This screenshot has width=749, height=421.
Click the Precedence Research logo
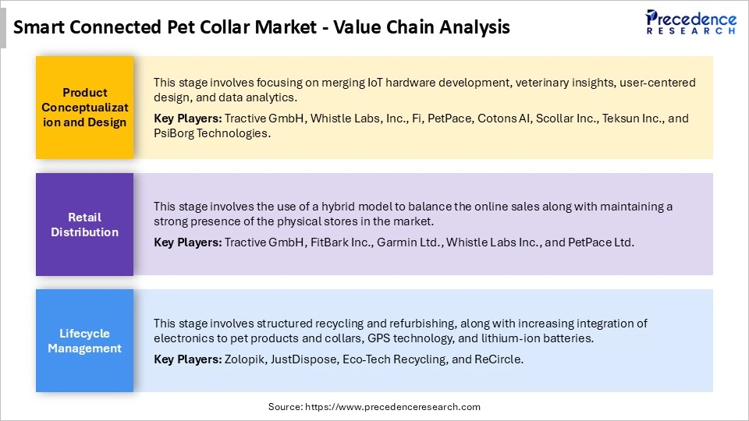click(690, 22)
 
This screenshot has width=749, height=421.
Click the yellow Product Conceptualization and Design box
click(85, 108)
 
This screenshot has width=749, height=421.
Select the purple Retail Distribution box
click(85, 225)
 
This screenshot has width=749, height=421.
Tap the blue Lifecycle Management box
click(85, 341)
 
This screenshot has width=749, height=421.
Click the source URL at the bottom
click(374, 407)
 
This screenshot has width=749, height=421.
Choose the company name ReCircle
click(499, 359)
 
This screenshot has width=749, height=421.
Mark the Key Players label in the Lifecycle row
click(187, 359)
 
